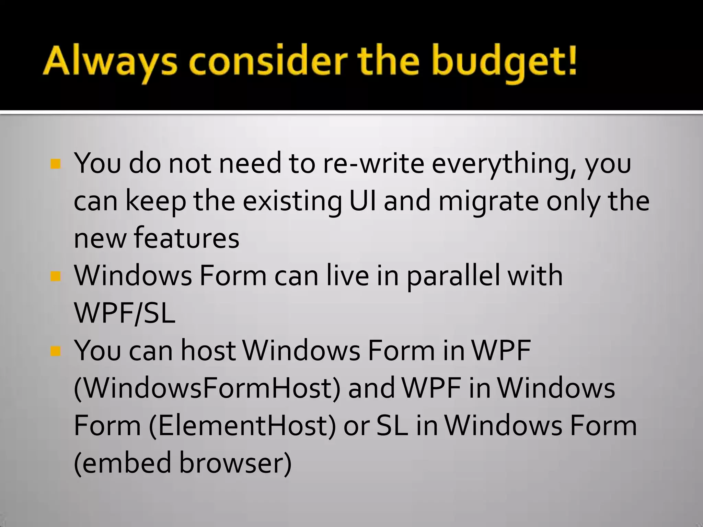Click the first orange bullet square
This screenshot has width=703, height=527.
tap(55, 164)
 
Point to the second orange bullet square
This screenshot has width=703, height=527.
tap(55, 276)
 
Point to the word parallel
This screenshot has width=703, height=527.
tap(453, 277)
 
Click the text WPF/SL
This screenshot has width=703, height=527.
tap(125, 313)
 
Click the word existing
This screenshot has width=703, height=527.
tap(292, 201)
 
